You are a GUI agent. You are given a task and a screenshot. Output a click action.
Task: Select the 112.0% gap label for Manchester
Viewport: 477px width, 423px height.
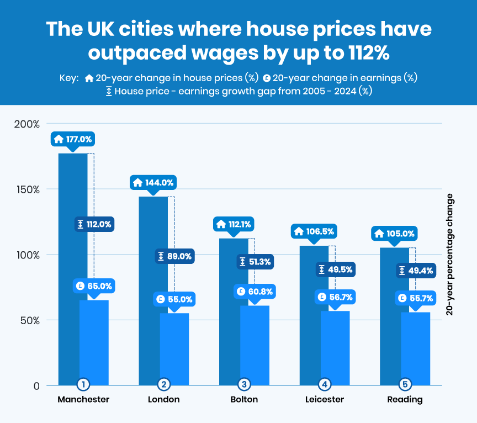pyautogui.click(x=94, y=224)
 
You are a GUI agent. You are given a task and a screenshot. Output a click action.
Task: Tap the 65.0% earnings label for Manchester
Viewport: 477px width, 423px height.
pyautogui.click(x=94, y=286)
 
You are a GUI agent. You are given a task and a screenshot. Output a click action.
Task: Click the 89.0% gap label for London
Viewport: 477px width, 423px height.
pyautogui.click(x=174, y=256)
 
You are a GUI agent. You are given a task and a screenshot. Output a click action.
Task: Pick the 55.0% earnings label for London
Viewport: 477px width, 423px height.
pyautogui.click(x=174, y=299)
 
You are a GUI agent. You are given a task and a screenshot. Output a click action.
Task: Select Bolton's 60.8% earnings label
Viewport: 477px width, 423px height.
pyautogui.click(x=255, y=291)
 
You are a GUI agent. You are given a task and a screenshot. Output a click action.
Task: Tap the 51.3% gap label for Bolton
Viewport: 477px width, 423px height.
pyautogui.click(x=255, y=262)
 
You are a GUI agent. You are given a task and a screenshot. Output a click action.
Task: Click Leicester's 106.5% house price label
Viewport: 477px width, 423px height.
pyautogui.click(x=314, y=231)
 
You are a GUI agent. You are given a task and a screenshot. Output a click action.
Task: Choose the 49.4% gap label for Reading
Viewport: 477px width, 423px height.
pyautogui.click(x=416, y=271)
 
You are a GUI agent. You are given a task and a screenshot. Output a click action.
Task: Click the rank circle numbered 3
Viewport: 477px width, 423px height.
pyautogui.click(x=244, y=384)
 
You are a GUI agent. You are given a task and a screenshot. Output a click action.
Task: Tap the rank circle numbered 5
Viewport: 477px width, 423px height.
pyautogui.click(x=405, y=384)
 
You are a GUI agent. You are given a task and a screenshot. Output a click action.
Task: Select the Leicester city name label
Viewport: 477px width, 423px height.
pyautogui.click(x=324, y=399)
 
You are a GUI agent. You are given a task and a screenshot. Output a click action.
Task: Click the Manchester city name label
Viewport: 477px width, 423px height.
pyautogui.click(x=83, y=399)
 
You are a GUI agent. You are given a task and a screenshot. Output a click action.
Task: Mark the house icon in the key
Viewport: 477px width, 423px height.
pyautogui.click(x=89, y=78)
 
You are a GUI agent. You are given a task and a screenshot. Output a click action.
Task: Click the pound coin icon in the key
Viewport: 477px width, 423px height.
pyautogui.click(x=267, y=78)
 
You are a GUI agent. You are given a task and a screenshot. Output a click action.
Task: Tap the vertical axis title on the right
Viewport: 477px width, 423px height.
pyautogui.click(x=449, y=255)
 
